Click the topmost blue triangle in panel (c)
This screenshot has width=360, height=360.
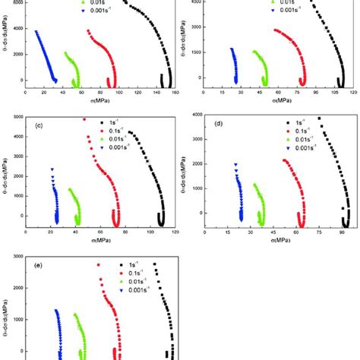tap(52, 169)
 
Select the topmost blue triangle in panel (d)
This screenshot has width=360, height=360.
tap(235, 163)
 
